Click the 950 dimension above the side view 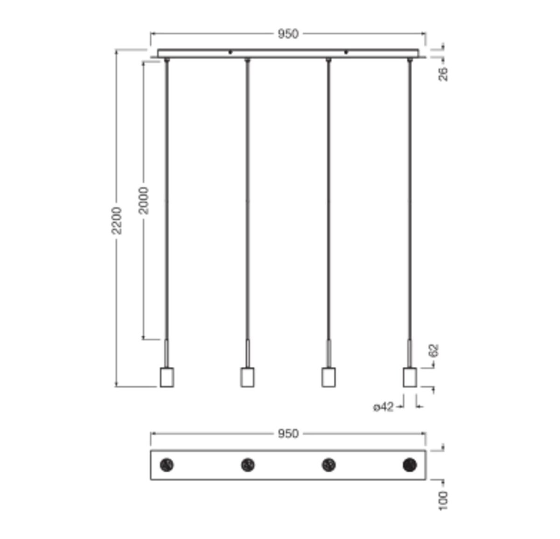point(288,34)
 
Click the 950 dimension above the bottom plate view point(288,434)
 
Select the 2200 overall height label point(117,220)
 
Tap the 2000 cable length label point(144,201)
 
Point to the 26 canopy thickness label point(443,74)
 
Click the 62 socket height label point(434,350)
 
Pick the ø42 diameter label point(383,407)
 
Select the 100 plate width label point(443,501)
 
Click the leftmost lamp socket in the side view point(167,377)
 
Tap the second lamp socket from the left point(247,377)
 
